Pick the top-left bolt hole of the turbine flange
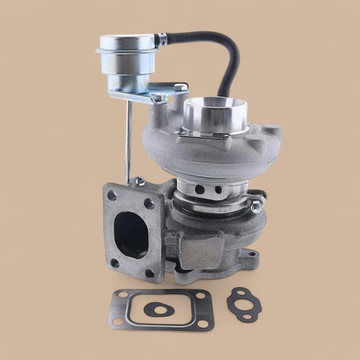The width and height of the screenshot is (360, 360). [x=113, y=195]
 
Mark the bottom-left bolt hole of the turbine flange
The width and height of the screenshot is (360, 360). [x=115, y=262]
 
